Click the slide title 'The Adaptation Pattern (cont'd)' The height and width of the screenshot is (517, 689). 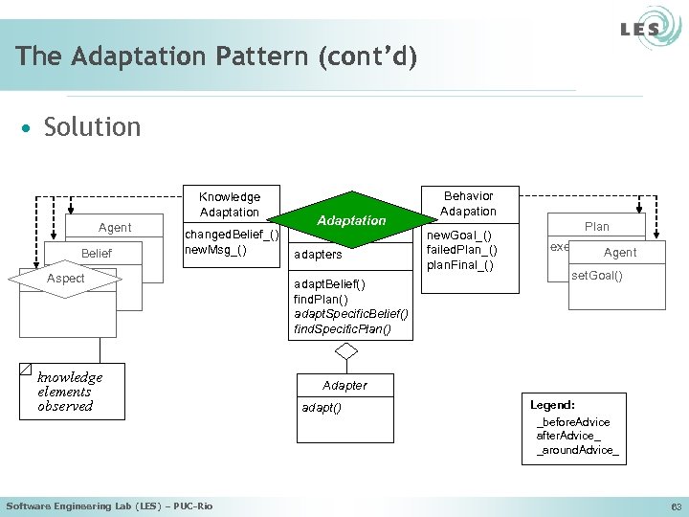point(216,56)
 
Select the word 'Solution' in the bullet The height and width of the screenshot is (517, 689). point(92,127)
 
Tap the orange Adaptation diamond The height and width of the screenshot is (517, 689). point(351,220)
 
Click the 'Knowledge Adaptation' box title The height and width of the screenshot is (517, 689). point(230,204)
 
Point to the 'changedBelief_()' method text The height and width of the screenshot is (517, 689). point(232,235)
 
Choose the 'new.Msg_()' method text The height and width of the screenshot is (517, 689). point(215,250)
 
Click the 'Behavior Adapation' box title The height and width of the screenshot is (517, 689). point(468,203)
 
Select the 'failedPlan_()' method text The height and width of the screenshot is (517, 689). point(461,250)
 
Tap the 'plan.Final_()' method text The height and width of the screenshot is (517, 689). point(461,265)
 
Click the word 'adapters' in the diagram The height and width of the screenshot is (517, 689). point(319,256)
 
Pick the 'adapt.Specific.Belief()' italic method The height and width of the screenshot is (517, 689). point(351,314)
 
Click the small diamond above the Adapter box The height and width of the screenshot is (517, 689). point(346,351)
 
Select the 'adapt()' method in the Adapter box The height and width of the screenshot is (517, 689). point(322,408)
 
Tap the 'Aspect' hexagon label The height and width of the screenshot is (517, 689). point(66,279)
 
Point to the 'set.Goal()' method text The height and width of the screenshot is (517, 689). point(596,277)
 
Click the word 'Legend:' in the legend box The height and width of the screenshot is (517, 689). point(553,406)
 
